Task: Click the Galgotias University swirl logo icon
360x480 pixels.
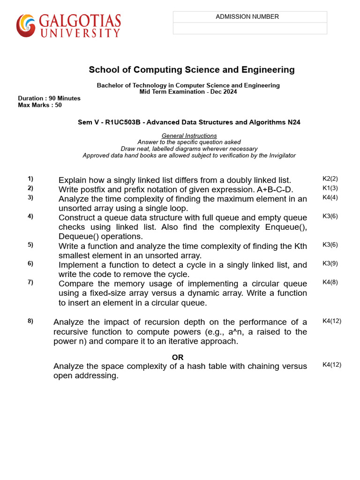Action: click(x=26, y=25)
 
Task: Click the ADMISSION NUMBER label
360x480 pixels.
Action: click(x=247, y=17)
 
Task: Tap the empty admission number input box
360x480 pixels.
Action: click(x=250, y=29)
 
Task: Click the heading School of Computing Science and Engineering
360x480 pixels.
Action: click(x=192, y=70)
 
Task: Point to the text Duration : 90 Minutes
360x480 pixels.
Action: click(x=49, y=98)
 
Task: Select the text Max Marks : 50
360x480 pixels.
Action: click(x=40, y=105)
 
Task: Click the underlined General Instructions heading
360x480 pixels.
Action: click(x=189, y=136)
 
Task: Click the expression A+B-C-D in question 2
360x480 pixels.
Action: click(x=274, y=190)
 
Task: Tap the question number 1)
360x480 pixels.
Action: click(x=30, y=179)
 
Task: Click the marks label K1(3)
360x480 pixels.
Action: click(x=330, y=188)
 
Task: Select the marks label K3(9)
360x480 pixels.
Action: click(x=330, y=263)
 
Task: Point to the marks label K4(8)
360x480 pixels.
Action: click(x=330, y=282)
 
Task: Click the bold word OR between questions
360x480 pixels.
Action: click(x=178, y=358)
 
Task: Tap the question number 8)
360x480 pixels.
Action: click(x=30, y=321)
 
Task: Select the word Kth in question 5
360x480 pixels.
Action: click(x=300, y=246)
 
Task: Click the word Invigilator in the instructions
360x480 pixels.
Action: click(x=279, y=156)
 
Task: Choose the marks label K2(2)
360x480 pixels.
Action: click(x=330, y=179)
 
